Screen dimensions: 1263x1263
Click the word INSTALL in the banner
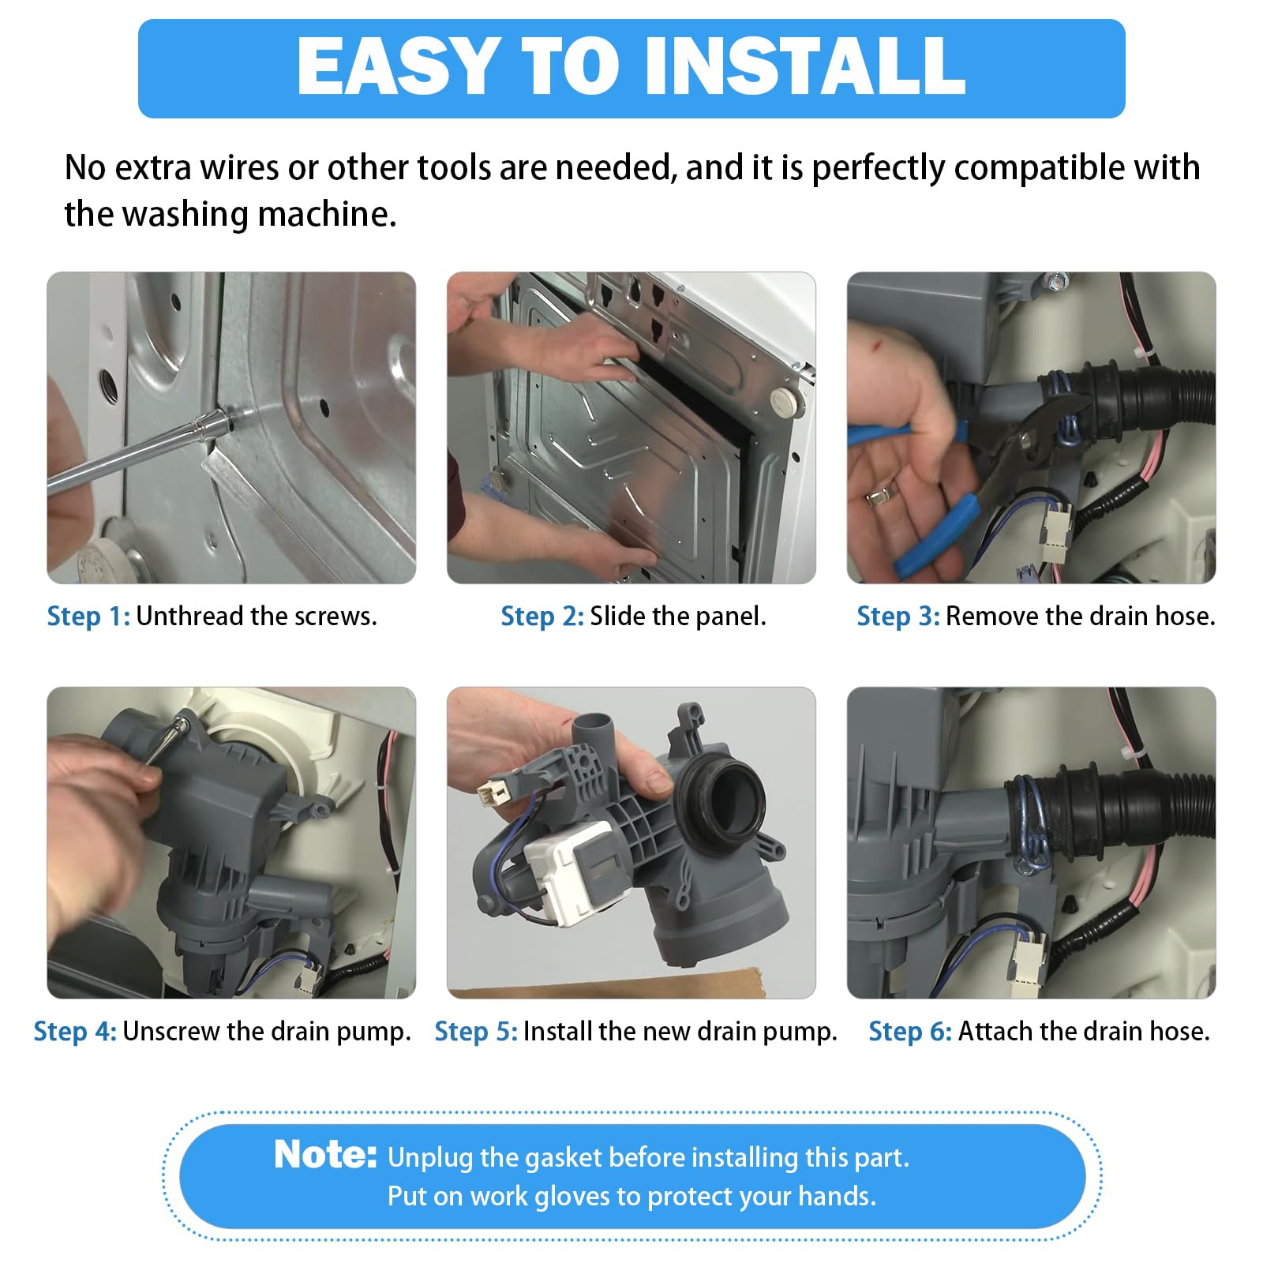(x=805, y=66)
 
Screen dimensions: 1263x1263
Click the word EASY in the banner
(x=400, y=66)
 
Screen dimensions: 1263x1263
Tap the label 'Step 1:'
(x=88, y=617)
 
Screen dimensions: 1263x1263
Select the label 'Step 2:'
(x=542, y=617)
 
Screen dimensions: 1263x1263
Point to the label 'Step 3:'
(x=898, y=617)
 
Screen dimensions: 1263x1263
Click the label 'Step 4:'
(x=75, y=1032)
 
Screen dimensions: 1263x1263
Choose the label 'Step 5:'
(x=476, y=1032)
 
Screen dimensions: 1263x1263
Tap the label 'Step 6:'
(x=910, y=1032)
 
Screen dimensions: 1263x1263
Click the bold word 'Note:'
(x=325, y=1155)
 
